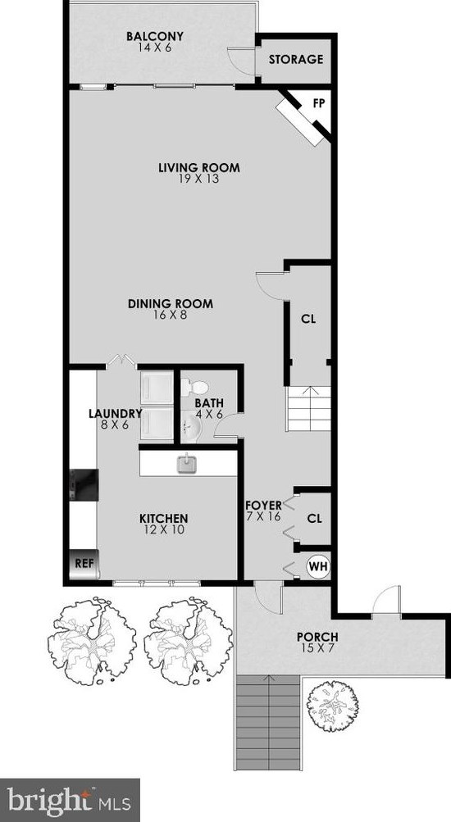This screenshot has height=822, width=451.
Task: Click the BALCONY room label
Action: pyautogui.click(x=154, y=37)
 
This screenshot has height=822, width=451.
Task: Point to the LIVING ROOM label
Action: pyautogui.click(x=199, y=168)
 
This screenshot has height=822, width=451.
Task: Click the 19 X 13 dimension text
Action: pyautogui.click(x=199, y=179)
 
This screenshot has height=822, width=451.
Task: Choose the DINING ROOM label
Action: pyautogui.click(x=170, y=304)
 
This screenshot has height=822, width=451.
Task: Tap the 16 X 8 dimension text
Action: pyautogui.click(x=171, y=315)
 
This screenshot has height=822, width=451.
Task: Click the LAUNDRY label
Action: pyautogui.click(x=116, y=414)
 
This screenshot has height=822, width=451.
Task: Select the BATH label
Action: pyautogui.click(x=208, y=403)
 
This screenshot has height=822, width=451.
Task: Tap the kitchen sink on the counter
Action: pyautogui.click(x=185, y=464)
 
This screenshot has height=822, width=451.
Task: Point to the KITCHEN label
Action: pyautogui.click(x=164, y=519)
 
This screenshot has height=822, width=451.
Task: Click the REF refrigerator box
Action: pyautogui.click(x=83, y=564)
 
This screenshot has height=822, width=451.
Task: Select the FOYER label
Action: pyautogui.click(x=263, y=505)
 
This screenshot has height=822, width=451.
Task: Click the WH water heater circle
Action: pyautogui.click(x=317, y=565)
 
